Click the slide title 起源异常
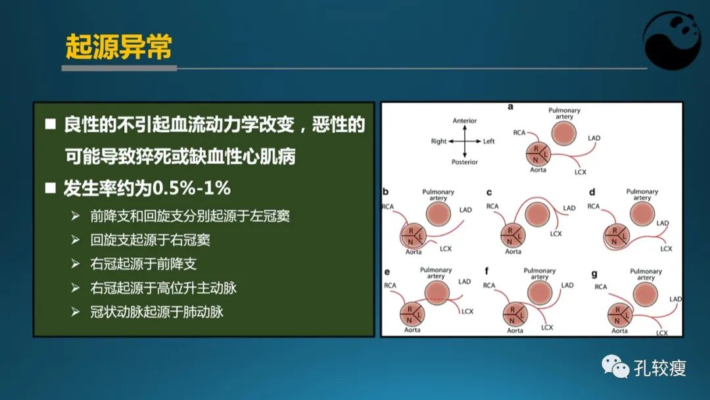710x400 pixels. [x=119, y=47]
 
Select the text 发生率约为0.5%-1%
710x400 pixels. [x=147, y=189]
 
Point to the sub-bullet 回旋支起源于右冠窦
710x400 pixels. [x=151, y=239]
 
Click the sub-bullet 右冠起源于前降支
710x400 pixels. [x=143, y=264]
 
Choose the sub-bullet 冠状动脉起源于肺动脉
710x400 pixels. [x=157, y=312]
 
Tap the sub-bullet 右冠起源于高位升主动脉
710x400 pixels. [x=163, y=288]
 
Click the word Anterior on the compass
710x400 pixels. [x=465, y=121]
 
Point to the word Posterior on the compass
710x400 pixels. [x=465, y=162]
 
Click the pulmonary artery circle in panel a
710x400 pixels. [x=563, y=133]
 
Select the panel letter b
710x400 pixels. [x=386, y=193]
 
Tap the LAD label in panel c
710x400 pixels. [x=569, y=208]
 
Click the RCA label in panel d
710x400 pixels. [x=593, y=207]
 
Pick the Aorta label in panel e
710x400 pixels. [x=412, y=330]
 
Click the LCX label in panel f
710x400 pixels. [x=547, y=327]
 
